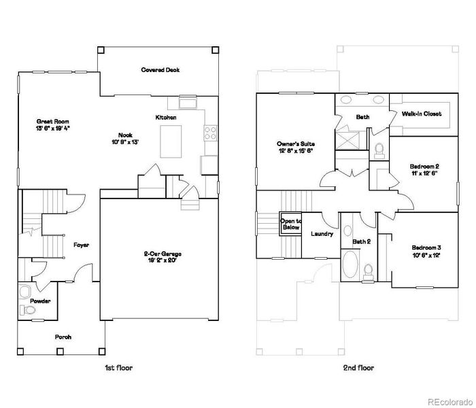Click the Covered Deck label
click(x=160, y=69)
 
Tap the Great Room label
click(x=52, y=122)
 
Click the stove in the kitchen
click(x=210, y=131)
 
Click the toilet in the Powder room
click(x=28, y=310)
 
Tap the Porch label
click(x=63, y=337)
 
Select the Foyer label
click(x=80, y=244)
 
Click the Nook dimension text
click(x=124, y=142)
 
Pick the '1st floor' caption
click(x=118, y=368)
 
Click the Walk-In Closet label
click(x=422, y=114)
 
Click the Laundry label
click(x=322, y=234)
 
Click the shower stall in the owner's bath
click(x=352, y=141)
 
